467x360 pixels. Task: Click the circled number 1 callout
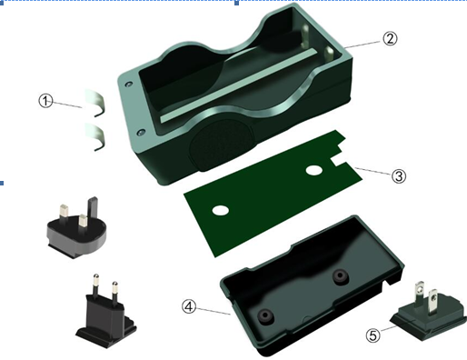pos(45,101)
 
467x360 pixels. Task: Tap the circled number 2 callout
pos(390,39)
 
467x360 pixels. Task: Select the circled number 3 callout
pos(399,176)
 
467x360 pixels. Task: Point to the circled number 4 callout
pos(189,306)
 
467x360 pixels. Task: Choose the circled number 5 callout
pos(373,335)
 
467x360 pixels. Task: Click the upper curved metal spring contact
pos(97,102)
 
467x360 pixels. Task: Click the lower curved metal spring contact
pos(97,135)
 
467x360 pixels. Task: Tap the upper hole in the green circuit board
pos(314,170)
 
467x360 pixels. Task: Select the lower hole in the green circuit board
pos(221,210)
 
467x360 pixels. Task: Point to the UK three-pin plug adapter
pos(76,229)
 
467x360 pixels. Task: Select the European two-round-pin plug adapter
pos(105,311)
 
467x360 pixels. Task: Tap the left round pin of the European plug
pos(95,285)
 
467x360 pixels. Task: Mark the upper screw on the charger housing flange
pos(129,84)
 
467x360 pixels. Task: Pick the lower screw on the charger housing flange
pos(141,133)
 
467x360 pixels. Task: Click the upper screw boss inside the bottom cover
pos(341,276)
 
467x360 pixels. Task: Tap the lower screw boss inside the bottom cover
pos(265,315)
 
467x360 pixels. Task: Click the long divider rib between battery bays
pos(239,85)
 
